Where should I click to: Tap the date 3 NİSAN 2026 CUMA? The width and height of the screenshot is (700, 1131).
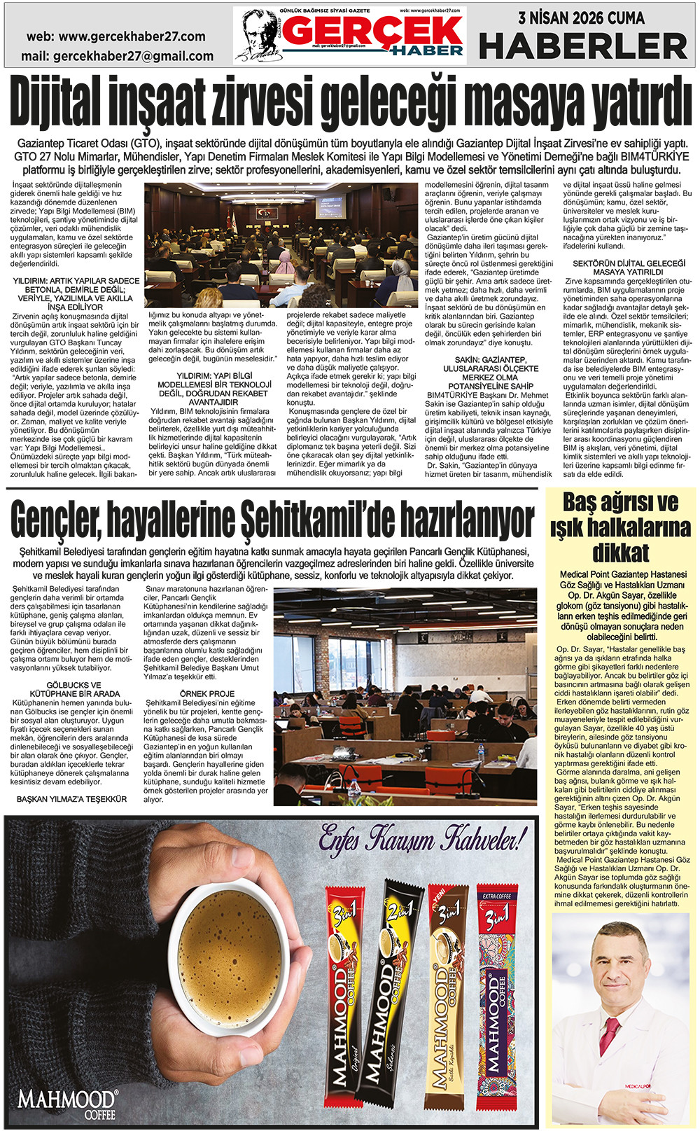[x=581, y=18]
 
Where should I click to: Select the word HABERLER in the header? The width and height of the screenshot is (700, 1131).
[x=583, y=47]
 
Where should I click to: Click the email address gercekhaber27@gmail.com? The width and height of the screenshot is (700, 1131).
[x=117, y=55]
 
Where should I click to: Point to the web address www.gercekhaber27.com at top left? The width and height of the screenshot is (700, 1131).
[x=116, y=36]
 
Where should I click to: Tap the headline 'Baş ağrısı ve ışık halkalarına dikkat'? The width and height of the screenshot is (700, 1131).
[x=620, y=527]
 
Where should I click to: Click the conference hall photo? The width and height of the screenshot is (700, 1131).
[x=279, y=245]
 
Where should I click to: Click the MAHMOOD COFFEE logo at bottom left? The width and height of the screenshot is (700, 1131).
[x=68, y=1102]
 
